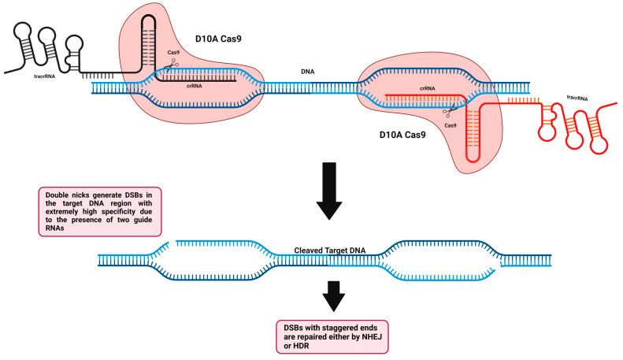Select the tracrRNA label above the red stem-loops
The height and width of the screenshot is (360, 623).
click(578, 98)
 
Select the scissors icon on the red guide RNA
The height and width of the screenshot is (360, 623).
click(451, 113)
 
